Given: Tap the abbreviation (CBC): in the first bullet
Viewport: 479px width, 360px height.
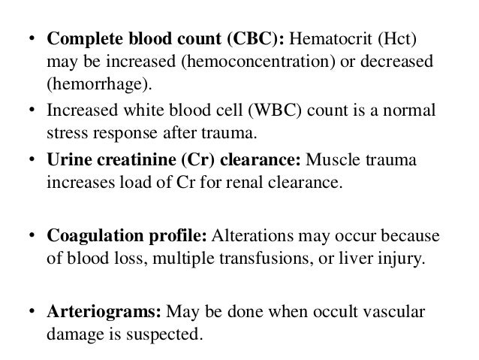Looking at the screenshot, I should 252,38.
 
